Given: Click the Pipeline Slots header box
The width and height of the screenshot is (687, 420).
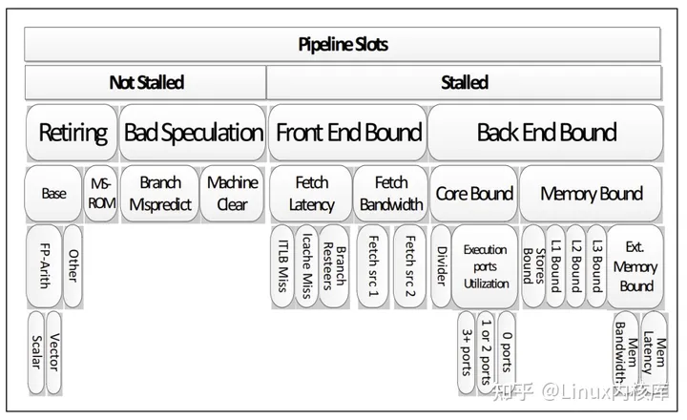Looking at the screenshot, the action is tap(343, 44).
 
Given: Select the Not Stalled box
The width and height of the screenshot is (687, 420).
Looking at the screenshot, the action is tap(145, 82).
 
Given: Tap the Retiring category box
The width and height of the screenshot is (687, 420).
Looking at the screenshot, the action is tap(72, 133).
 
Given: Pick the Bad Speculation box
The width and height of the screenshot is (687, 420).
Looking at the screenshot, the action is tap(193, 133).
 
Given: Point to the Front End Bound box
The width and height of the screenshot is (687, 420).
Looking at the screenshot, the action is tap(348, 133).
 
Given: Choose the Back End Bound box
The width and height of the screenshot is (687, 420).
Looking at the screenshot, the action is tap(546, 133).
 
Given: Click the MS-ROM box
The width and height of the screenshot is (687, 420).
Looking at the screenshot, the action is tap(101, 194).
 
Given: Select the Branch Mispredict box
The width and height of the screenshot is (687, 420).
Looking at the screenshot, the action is tap(160, 194).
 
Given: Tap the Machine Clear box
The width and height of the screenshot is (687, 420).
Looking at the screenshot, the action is tap(232, 194).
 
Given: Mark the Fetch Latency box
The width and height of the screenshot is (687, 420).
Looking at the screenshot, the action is tap(311, 194).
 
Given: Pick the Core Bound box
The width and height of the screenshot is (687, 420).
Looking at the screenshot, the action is tap(474, 194).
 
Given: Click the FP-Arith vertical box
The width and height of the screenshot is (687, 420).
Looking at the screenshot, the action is tap(44, 266).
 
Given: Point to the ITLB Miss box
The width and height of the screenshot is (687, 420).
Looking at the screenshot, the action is tap(282, 266).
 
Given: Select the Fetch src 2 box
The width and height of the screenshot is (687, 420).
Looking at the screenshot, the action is tap(410, 266).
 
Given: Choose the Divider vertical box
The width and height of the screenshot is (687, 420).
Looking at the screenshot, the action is tap(441, 266).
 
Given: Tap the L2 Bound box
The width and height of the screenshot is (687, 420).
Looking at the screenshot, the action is tap(576, 266).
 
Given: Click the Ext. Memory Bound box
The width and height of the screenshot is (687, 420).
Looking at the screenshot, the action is tap(635, 266).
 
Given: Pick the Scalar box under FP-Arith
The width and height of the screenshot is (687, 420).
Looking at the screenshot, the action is tap(36, 352).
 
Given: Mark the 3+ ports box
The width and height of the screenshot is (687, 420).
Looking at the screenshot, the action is tap(467, 352).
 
